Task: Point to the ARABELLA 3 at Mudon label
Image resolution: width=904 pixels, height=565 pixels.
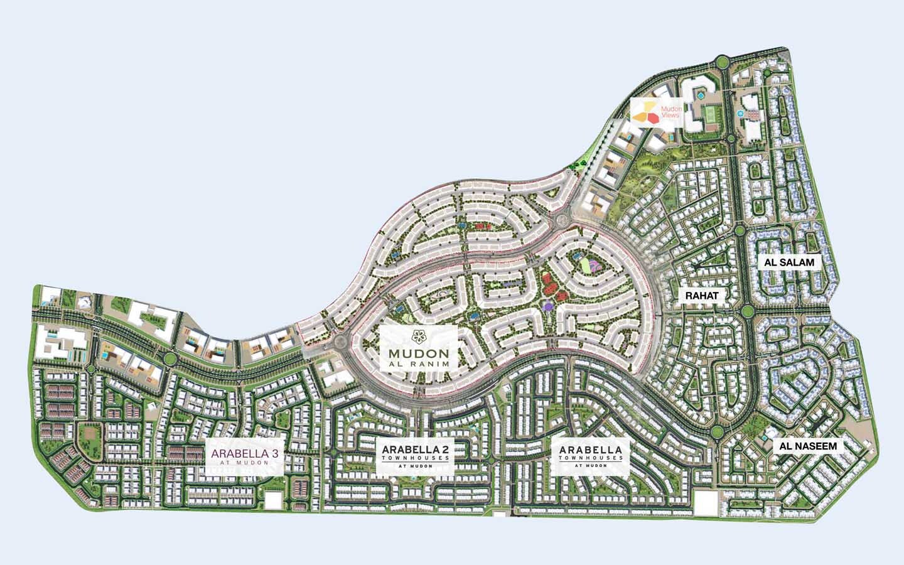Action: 245,455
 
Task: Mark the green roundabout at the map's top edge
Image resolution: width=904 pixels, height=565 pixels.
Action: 721,62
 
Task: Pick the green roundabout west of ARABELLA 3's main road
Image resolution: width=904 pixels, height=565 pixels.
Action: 169,359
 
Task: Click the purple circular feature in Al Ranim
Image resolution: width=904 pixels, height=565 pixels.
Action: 549,305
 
